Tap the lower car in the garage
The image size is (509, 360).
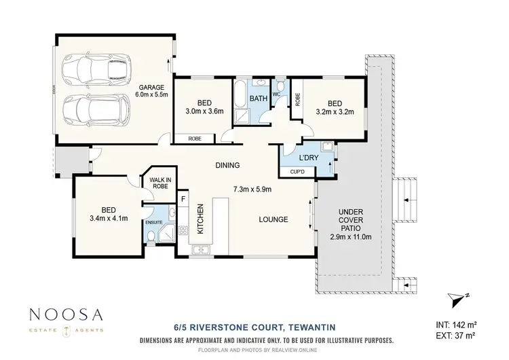(x=95, y=110)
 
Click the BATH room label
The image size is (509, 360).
(x=259, y=98)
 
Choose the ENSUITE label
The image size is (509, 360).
(x=153, y=221)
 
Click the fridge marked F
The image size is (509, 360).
(x=183, y=199)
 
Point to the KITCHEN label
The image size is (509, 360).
(x=200, y=219)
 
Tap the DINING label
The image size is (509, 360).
(x=227, y=165)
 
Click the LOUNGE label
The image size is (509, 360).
(x=274, y=219)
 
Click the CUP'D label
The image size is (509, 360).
(x=297, y=173)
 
